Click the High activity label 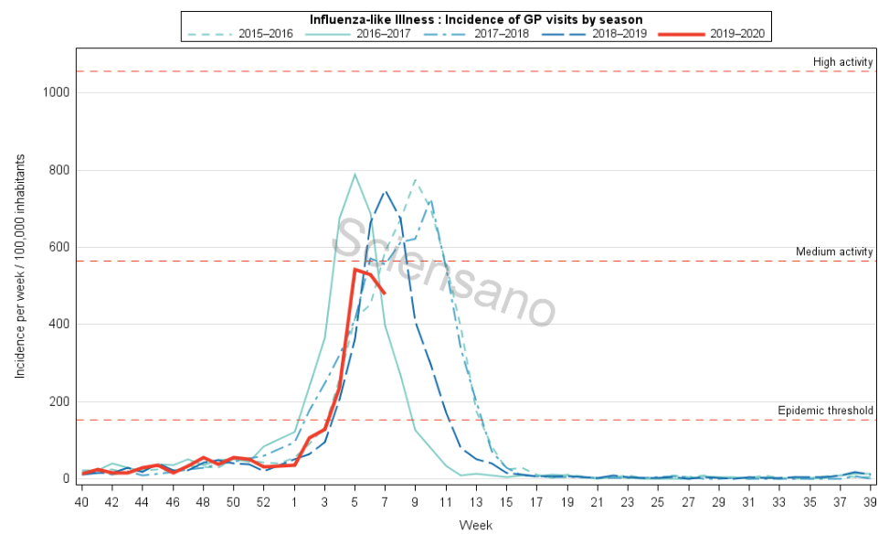tap(843, 62)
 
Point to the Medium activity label tap(835, 251)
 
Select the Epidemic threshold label tap(826, 411)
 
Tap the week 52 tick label tap(264, 503)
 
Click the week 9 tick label tap(416, 503)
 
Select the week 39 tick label tap(872, 503)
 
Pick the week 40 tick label tap(81, 503)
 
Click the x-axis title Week tap(477, 526)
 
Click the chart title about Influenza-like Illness tap(475, 19)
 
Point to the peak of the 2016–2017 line tap(355, 174)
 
